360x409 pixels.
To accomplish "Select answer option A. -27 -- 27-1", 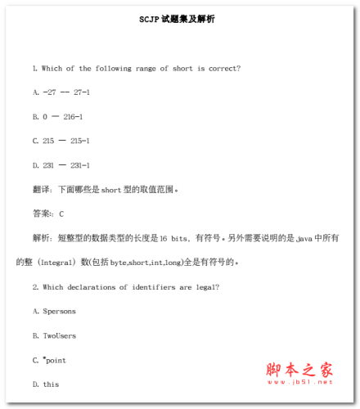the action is (61, 92).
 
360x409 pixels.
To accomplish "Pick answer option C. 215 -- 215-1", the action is (61, 141).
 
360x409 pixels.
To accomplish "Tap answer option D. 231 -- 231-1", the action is (61, 165).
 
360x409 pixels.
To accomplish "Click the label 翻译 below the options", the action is (43, 190).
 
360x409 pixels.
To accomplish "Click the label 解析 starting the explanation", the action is (43, 238).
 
